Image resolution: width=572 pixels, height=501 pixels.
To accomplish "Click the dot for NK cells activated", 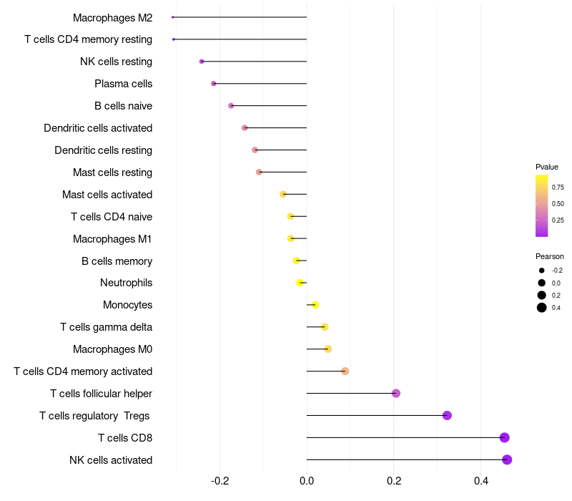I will tap(507, 459).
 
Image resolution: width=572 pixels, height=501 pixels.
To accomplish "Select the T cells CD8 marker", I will tap(505, 437).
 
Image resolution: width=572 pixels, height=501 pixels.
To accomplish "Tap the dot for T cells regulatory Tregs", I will tap(447, 415).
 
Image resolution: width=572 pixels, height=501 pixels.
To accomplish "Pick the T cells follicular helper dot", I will tap(396, 393).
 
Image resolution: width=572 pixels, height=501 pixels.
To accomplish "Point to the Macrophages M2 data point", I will tap(173, 17).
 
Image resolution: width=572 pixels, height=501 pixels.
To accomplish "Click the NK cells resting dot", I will tap(202, 62).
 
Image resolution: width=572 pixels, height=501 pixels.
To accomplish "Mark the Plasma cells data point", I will tap(214, 84).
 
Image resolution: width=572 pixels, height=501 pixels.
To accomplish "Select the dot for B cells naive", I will tap(231, 106).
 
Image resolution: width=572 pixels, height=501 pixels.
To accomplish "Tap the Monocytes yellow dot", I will tap(315, 305).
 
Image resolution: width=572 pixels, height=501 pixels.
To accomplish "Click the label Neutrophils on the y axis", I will tap(126, 283).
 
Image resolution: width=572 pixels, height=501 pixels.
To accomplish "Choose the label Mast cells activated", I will tap(107, 195).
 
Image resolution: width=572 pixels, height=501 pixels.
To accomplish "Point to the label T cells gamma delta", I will tap(106, 327).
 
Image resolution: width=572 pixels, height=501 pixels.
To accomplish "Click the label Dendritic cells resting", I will tap(103, 150).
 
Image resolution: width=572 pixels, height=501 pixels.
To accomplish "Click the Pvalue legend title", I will tap(547, 167).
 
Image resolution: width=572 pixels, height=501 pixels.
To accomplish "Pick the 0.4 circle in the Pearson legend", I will tap(542, 308).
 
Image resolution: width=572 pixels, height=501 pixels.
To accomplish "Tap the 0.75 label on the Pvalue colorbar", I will tap(558, 188).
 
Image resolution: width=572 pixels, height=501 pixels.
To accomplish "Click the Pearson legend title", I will tap(550, 256).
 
